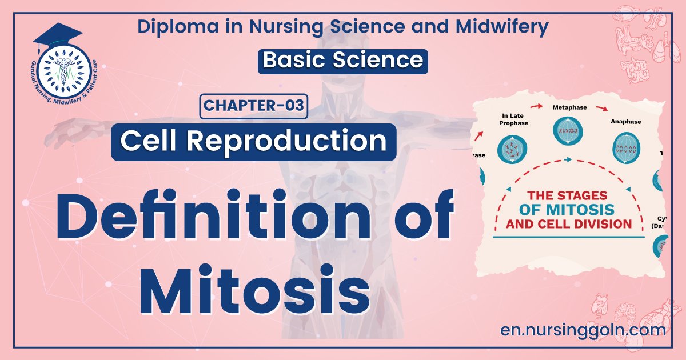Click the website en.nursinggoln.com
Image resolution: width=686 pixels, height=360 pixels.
[582, 330]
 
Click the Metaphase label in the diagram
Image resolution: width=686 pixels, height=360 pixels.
[568, 107]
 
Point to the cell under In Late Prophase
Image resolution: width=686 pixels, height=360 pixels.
[512, 148]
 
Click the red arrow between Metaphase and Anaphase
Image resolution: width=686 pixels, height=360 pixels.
[600, 107]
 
